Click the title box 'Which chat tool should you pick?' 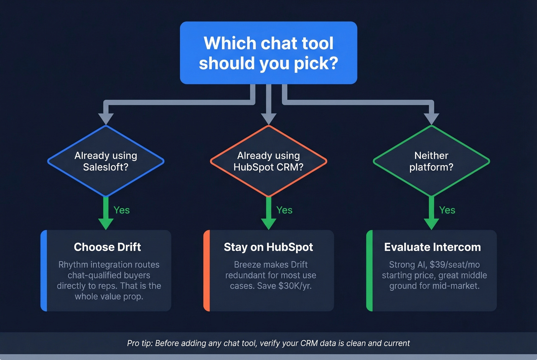tap(268, 53)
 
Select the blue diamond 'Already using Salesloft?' tap(106, 161)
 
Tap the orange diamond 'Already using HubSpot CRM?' tap(268, 161)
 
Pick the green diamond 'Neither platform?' tap(431, 161)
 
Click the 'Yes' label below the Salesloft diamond tap(122, 210)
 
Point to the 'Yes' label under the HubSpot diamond tap(284, 210)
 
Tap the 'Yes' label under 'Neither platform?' tap(447, 210)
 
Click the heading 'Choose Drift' tap(107, 247)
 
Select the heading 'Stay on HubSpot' tap(268, 247)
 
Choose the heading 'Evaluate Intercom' tap(432, 247)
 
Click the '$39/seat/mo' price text tap(455, 265)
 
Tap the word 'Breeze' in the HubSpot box tap(247, 265)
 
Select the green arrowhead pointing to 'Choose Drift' tap(106, 224)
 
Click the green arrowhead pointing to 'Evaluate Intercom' tap(431, 224)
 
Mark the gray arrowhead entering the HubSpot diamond tap(268, 118)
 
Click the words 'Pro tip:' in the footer tap(140, 343)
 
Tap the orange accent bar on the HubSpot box tap(207, 271)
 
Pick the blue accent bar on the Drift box tap(44, 271)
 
